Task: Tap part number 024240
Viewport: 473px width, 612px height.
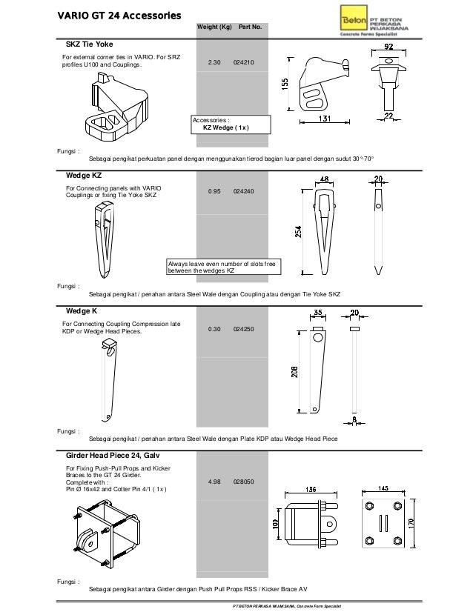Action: click(x=243, y=191)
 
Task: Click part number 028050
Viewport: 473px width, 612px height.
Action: click(x=243, y=482)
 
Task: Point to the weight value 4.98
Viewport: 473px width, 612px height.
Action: click(x=214, y=482)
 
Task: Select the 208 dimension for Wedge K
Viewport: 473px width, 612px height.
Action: click(x=294, y=370)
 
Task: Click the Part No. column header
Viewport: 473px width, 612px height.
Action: click(x=249, y=27)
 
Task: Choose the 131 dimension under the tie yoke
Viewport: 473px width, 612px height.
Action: click(x=325, y=118)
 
